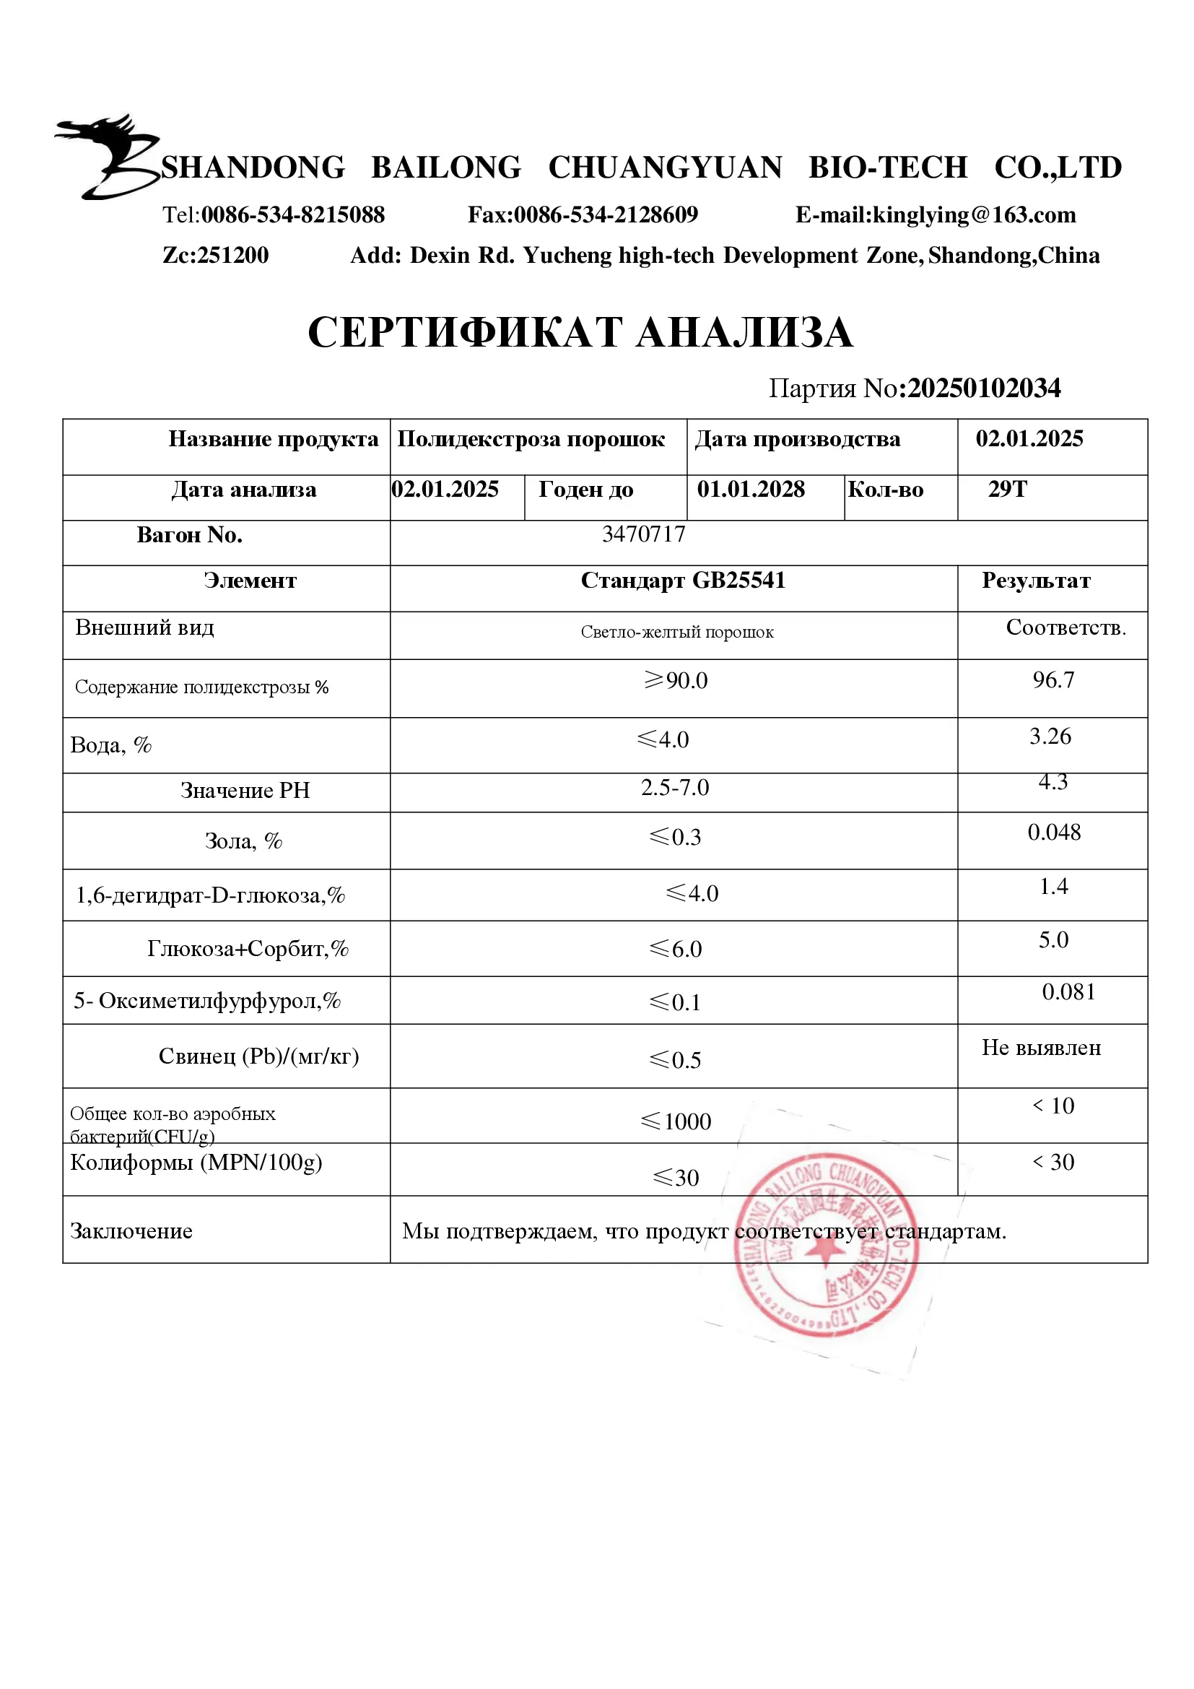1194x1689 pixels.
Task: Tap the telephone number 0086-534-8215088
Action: click(x=292, y=214)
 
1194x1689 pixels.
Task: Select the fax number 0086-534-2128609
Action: click(x=605, y=214)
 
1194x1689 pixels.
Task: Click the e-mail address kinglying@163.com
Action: click(x=973, y=214)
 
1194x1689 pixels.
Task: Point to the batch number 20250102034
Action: click(x=984, y=388)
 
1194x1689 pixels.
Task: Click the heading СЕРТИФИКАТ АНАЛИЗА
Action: click(x=580, y=332)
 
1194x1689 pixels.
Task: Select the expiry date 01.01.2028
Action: click(x=751, y=489)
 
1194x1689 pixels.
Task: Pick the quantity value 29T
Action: click(x=1006, y=489)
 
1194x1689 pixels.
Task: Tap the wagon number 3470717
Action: click(x=643, y=534)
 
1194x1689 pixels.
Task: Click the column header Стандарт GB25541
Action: click(x=683, y=581)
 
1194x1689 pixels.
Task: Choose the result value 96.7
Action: click(x=1053, y=679)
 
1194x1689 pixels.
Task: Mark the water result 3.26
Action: click(x=1050, y=737)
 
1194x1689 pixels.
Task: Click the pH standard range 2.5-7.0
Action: click(x=674, y=788)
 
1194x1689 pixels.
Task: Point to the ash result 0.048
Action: click(x=1053, y=833)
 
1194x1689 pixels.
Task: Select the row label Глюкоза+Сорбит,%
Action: click(x=248, y=949)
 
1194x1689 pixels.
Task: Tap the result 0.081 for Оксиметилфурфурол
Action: click(x=1068, y=992)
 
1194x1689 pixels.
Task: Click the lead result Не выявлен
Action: click(x=1041, y=1048)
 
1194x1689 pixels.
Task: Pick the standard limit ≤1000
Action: click(x=676, y=1121)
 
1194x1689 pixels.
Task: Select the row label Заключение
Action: click(x=131, y=1231)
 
